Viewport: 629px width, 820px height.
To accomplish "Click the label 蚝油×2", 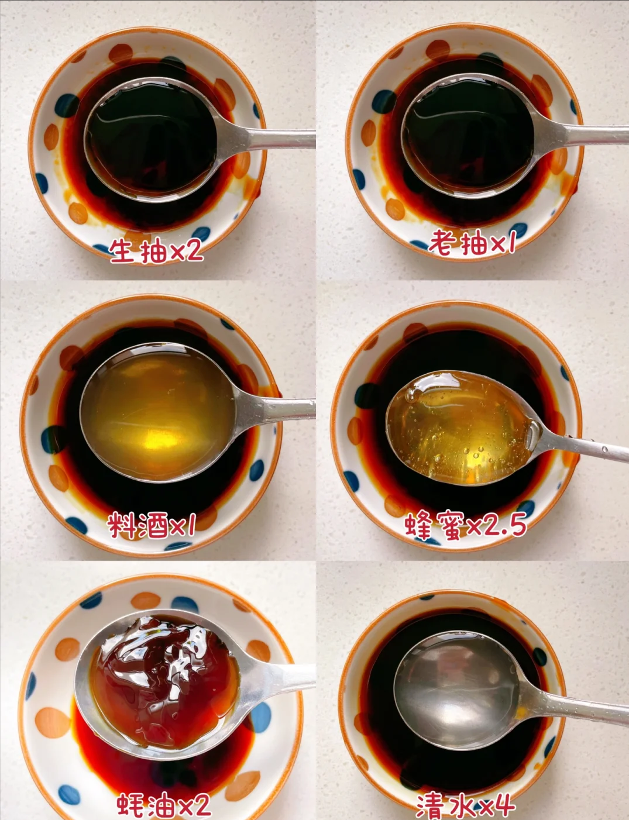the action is [164, 805].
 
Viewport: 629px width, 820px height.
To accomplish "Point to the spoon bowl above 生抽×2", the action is [151, 140].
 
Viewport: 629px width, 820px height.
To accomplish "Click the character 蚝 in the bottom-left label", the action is [130, 805].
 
